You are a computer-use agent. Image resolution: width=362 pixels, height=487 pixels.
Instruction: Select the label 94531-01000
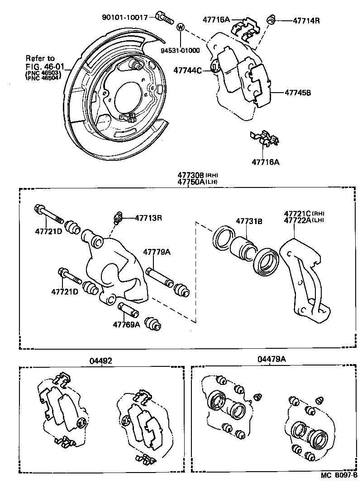click(x=180, y=51)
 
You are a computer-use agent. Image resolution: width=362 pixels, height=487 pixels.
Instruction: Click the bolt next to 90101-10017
click(x=164, y=18)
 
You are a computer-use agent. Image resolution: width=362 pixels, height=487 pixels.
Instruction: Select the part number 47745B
click(x=298, y=93)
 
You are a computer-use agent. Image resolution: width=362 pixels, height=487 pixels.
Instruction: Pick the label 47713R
click(x=148, y=218)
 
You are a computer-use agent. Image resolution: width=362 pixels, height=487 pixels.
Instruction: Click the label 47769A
click(x=126, y=324)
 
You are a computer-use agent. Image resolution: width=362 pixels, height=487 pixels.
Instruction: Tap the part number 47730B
click(x=191, y=175)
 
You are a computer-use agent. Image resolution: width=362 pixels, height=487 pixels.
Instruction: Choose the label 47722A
click(x=298, y=220)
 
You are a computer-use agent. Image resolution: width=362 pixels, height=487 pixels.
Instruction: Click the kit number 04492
click(x=100, y=361)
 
